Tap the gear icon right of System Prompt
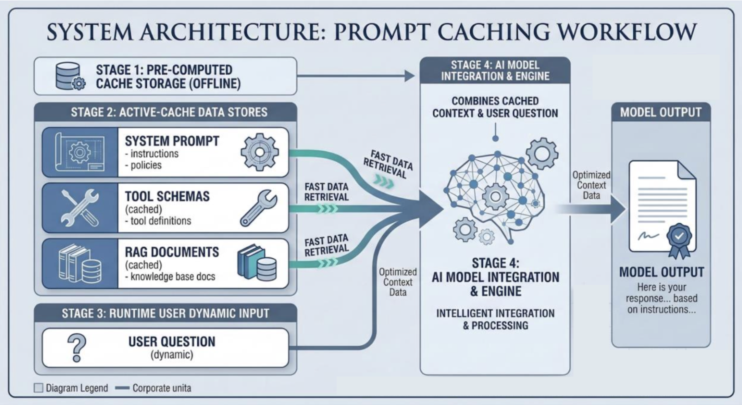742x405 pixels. coord(259,152)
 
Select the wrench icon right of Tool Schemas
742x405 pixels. coord(258,208)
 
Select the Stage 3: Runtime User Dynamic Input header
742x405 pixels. coord(165,313)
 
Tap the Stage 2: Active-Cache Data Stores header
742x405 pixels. coord(169,112)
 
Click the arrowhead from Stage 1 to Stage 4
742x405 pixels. coord(409,76)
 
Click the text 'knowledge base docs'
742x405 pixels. coord(173,277)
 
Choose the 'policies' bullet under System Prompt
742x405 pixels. coord(146,165)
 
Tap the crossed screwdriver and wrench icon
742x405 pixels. coord(80,208)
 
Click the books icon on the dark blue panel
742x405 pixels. coord(80,264)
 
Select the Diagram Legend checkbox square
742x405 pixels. coord(38,388)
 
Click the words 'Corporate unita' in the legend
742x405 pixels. coord(162,388)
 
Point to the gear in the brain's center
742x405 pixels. coord(495,196)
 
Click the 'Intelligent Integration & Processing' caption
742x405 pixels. coord(495,319)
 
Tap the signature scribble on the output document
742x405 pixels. coord(648,236)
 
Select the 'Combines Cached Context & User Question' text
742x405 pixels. coord(495,107)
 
